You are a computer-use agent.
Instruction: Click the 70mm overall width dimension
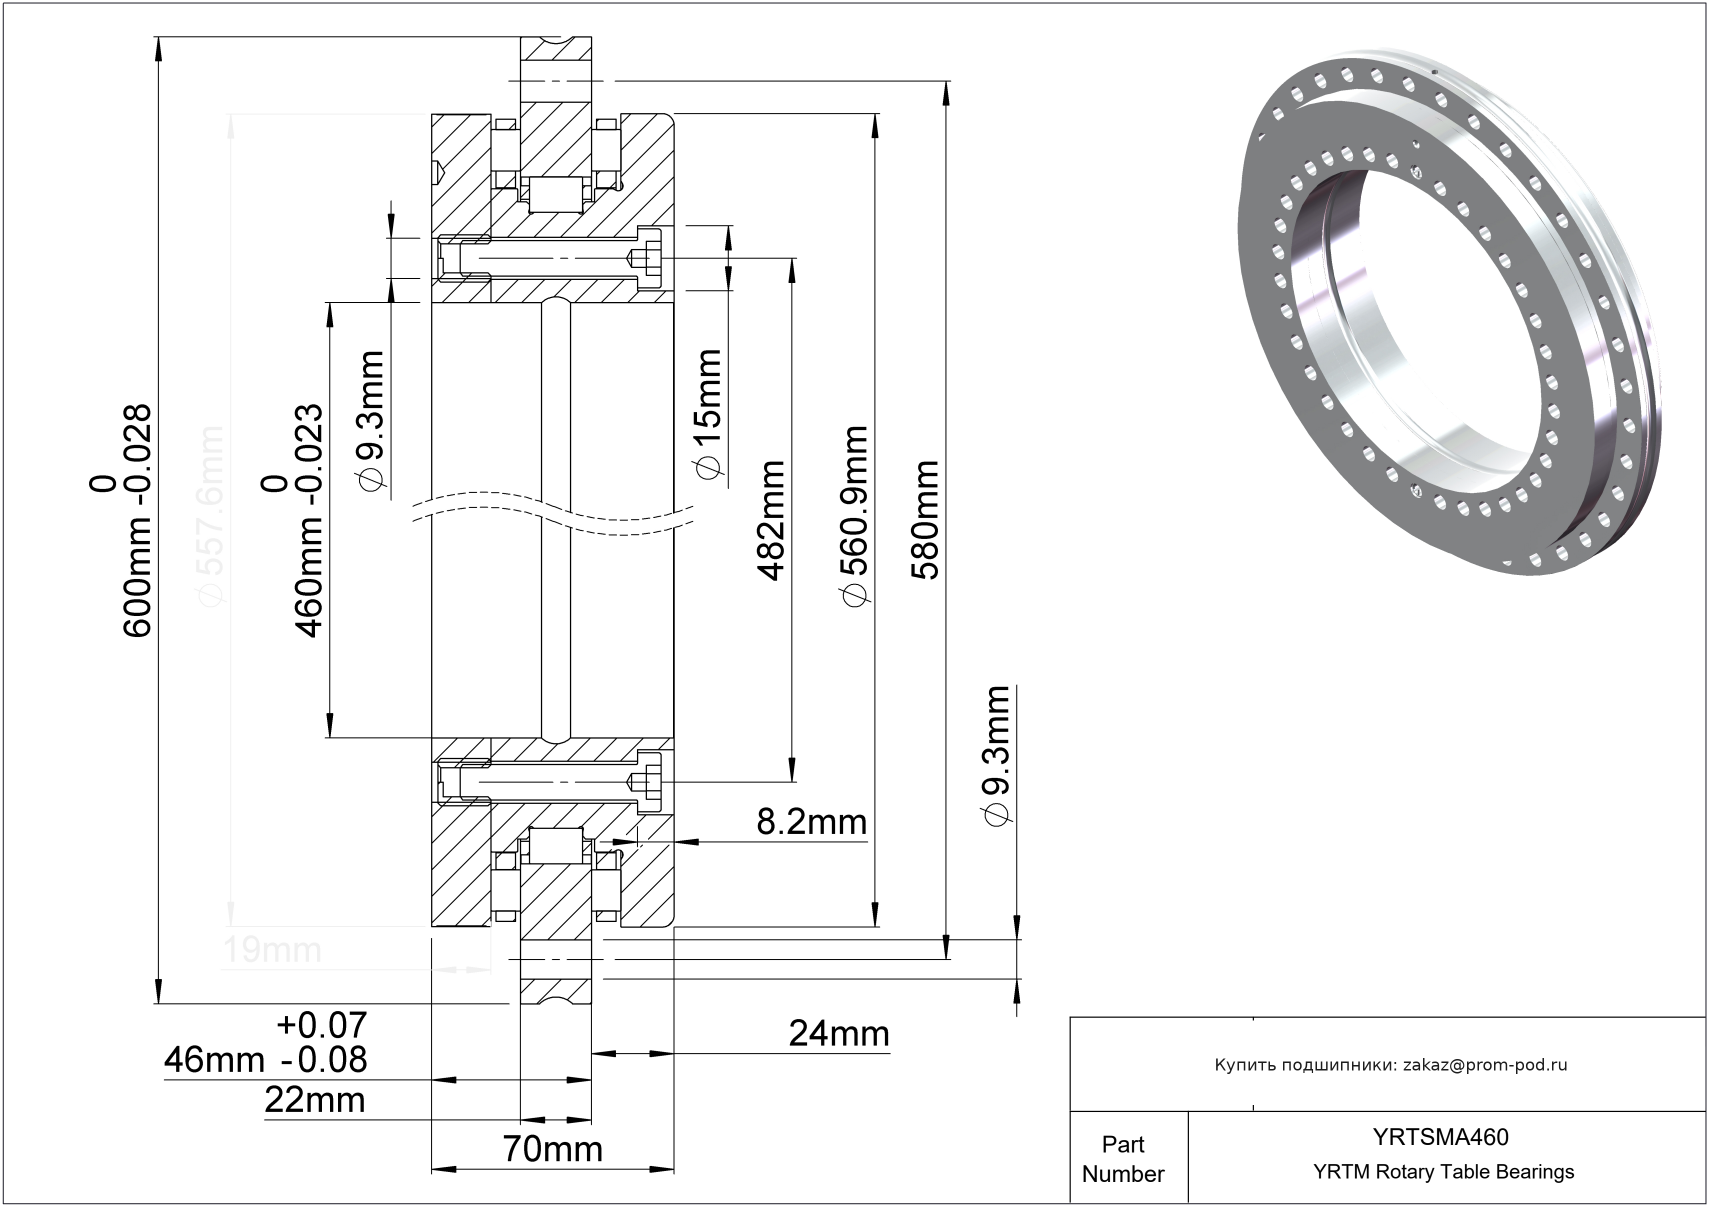[552, 1149]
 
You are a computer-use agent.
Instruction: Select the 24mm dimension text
[839, 1034]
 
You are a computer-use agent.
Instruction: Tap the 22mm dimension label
[315, 1100]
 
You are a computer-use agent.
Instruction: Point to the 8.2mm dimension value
[811, 823]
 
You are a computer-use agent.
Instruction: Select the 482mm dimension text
[771, 519]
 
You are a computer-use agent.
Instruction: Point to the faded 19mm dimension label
[271, 950]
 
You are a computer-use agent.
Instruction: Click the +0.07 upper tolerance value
[321, 1025]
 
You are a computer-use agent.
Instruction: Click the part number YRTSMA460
[1441, 1137]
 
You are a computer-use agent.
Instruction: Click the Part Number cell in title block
[1122, 1158]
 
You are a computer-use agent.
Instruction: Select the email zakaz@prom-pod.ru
[1485, 1065]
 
